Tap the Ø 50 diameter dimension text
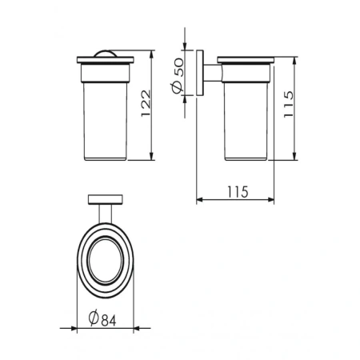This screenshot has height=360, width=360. [178, 76]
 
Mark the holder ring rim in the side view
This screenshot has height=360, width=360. [246, 61]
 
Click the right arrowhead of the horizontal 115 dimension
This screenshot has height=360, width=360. [273, 200]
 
